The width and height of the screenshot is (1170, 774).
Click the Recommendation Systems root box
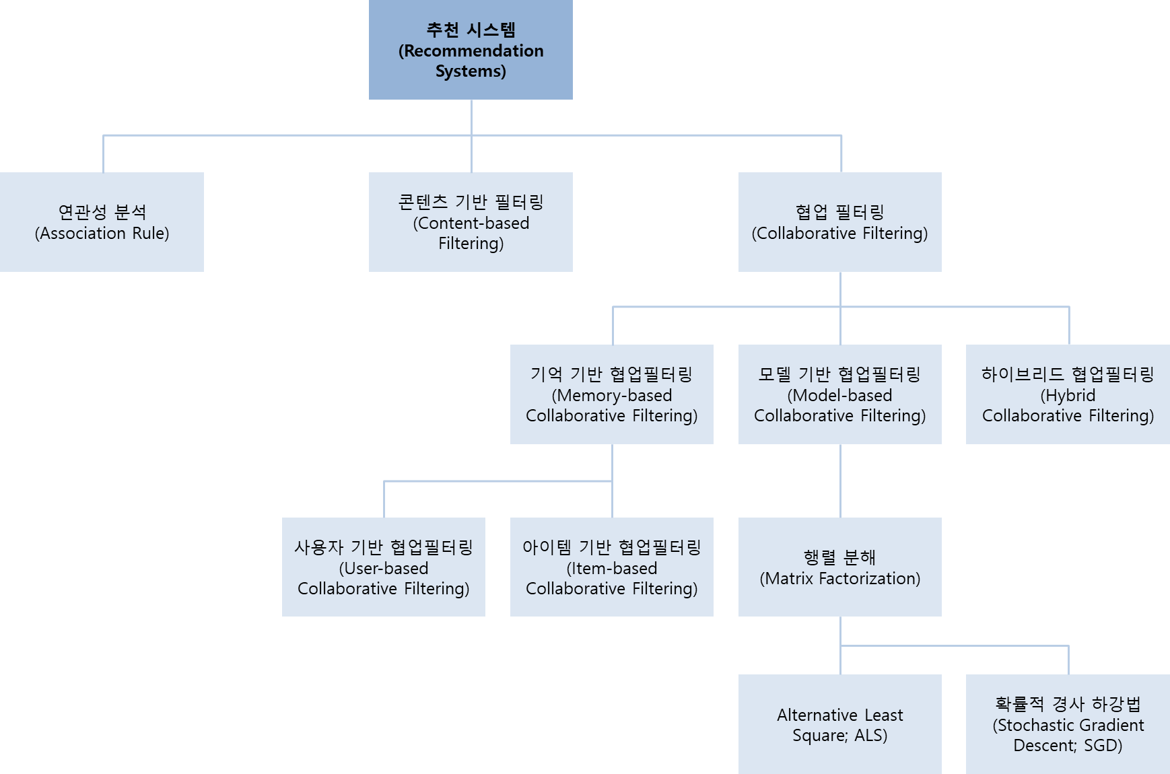471,50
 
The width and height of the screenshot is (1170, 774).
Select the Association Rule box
102,222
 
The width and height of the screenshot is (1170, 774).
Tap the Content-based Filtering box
471,222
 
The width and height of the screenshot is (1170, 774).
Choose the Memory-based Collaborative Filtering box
611,394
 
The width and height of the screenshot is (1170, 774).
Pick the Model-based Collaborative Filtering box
839,394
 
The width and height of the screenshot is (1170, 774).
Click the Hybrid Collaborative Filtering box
1068,394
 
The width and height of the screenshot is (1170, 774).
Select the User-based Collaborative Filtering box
383,567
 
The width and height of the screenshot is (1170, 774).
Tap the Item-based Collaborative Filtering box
611,567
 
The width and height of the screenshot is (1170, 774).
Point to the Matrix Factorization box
839,567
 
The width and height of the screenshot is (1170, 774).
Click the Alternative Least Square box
839,724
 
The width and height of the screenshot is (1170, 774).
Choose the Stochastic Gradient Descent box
1068,724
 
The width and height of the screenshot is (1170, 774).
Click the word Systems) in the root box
471,71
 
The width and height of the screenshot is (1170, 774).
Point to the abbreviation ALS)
871,736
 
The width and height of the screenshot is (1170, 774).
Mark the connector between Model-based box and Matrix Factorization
840,481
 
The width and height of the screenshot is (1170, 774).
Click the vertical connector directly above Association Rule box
103,153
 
